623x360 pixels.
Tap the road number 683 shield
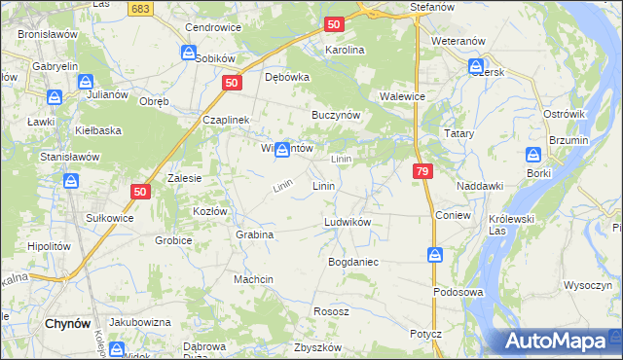pyautogui.click(x=141, y=8)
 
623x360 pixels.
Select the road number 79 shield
pyautogui.click(x=421, y=171)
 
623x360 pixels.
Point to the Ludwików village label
pyautogui.click(x=348, y=222)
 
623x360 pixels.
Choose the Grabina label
pyautogui.click(x=254, y=234)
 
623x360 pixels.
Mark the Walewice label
pyautogui.click(x=401, y=96)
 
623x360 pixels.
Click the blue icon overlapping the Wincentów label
pyautogui.click(x=282, y=149)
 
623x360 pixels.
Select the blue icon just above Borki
pyautogui.click(x=533, y=155)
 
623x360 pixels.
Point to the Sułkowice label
pyautogui.click(x=109, y=218)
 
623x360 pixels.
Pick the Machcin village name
pyautogui.click(x=253, y=279)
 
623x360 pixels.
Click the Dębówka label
pyautogui.click(x=287, y=78)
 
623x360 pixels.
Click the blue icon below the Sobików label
pyautogui.click(x=189, y=54)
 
